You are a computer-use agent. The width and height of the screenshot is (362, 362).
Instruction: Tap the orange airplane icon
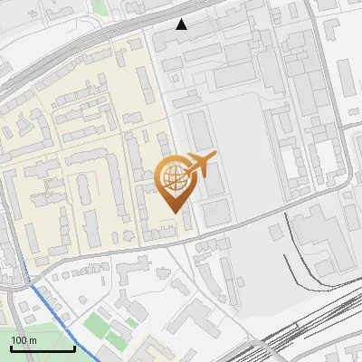click(200, 165)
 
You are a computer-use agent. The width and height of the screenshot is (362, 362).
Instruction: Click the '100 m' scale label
click(24, 340)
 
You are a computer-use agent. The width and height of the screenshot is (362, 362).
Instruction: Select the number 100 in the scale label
click(19, 340)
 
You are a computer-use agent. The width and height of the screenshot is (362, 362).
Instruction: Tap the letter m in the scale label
click(33, 340)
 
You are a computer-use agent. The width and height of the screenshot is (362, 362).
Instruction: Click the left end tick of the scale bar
click(11, 347)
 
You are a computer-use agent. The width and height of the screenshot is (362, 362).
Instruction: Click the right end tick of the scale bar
click(74, 347)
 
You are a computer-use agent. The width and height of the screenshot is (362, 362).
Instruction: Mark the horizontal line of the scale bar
click(43, 348)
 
